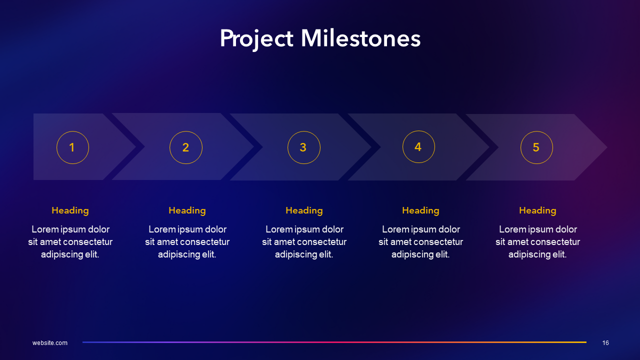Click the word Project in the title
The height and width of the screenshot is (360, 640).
(256, 39)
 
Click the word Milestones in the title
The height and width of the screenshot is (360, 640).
(360, 39)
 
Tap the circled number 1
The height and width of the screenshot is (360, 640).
(72, 147)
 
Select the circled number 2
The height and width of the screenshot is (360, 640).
(186, 147)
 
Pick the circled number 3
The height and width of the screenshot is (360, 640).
(303, 147)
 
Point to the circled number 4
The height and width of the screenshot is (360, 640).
(418, 147)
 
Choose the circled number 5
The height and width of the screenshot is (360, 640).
(536, 147)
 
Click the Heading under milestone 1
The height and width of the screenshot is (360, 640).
(70, 210)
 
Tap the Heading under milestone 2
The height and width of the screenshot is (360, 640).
(187, 210)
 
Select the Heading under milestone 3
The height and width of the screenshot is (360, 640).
(304, 210)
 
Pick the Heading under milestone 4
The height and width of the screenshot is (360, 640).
(420, 210)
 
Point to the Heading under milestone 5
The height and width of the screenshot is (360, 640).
(537, 210)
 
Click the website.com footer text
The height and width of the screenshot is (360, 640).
(50, 343)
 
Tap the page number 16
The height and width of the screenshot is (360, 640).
(605, 343)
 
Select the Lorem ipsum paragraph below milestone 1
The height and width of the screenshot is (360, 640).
(70, 242)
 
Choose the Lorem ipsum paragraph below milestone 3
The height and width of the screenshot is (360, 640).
(304, 242)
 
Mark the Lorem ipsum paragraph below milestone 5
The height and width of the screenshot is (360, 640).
(537, 242)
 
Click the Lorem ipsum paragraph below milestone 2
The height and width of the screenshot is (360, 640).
(187, 242)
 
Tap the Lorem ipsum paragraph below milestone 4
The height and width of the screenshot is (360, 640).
(420, 242)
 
